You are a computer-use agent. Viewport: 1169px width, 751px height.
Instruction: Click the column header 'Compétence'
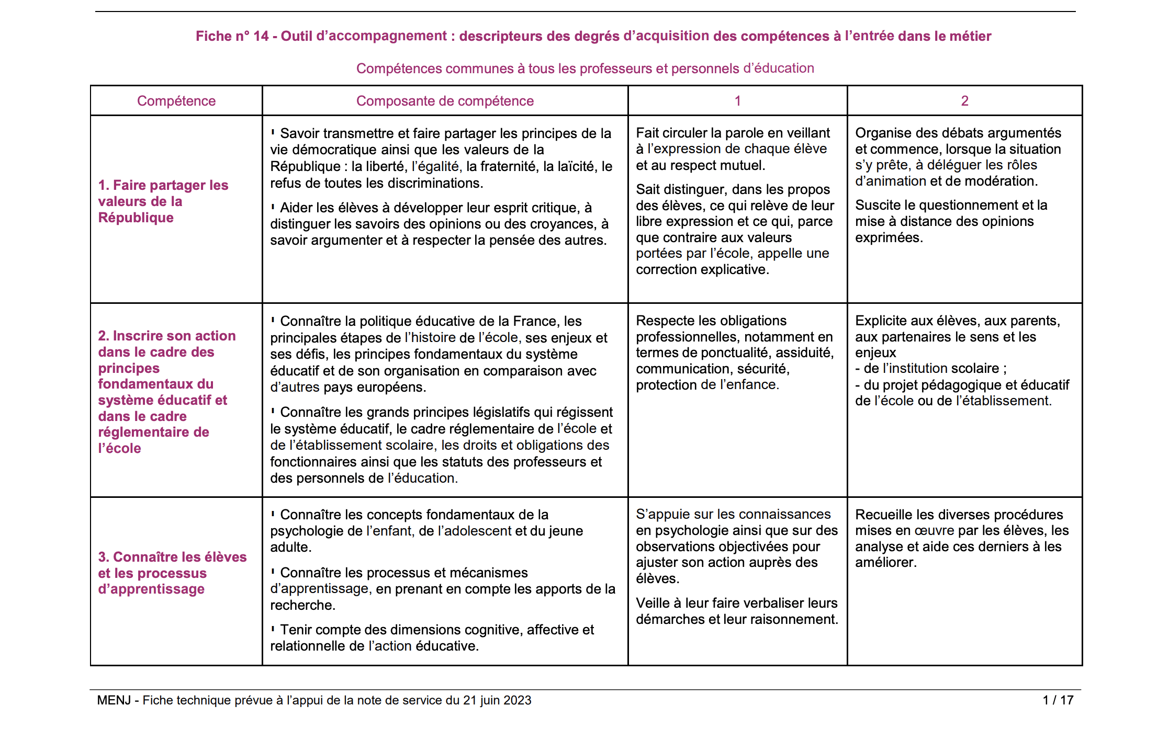[176, 101]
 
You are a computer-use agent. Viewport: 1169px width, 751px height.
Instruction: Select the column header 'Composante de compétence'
[445, 101]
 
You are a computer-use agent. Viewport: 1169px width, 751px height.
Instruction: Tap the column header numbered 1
[737, 101]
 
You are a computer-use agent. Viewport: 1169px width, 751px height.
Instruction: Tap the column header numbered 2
[964, 101]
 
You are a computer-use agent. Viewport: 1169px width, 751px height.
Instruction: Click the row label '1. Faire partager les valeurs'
[163, 201]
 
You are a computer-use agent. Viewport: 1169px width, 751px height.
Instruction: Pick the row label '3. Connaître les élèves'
[172, 573]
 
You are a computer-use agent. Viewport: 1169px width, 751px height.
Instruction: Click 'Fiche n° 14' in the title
[232, 36]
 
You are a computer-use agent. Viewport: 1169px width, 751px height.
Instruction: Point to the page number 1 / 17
[1058, 700]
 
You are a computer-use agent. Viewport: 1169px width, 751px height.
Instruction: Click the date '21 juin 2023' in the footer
[497, 700]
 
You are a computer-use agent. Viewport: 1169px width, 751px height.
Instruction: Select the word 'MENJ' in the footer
[114, 700]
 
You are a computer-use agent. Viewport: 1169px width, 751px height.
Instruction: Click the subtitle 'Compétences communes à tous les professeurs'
[584, 69]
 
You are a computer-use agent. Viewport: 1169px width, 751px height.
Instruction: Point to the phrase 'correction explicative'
[702, 270]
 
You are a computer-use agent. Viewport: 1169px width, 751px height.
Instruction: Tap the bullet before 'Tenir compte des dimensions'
[273, 629]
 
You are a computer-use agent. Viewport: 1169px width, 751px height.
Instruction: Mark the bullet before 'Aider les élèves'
[273, 207]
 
